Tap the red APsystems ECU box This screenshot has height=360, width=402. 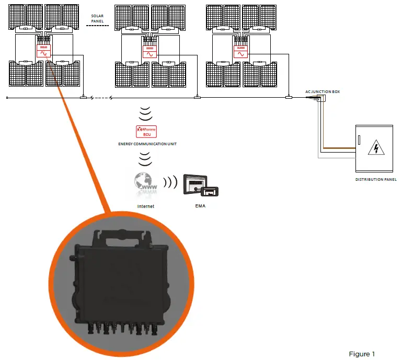[x=146, y=132]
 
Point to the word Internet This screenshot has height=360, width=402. [x=145, y=206]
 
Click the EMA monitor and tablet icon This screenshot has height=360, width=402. [x=201, y=185]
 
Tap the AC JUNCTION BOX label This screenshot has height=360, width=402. [x=323, y=91]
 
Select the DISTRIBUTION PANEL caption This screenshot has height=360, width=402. [x=375, y=179]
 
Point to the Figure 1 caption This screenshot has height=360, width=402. [x=362, y=354]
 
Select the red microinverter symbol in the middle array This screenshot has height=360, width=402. [x=150, y=52]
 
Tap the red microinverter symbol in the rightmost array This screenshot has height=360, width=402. [x=240, y=52]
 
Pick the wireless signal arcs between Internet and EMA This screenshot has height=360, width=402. [x=169, y=183]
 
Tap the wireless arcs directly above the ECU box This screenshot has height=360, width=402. [x=146, y=112]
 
